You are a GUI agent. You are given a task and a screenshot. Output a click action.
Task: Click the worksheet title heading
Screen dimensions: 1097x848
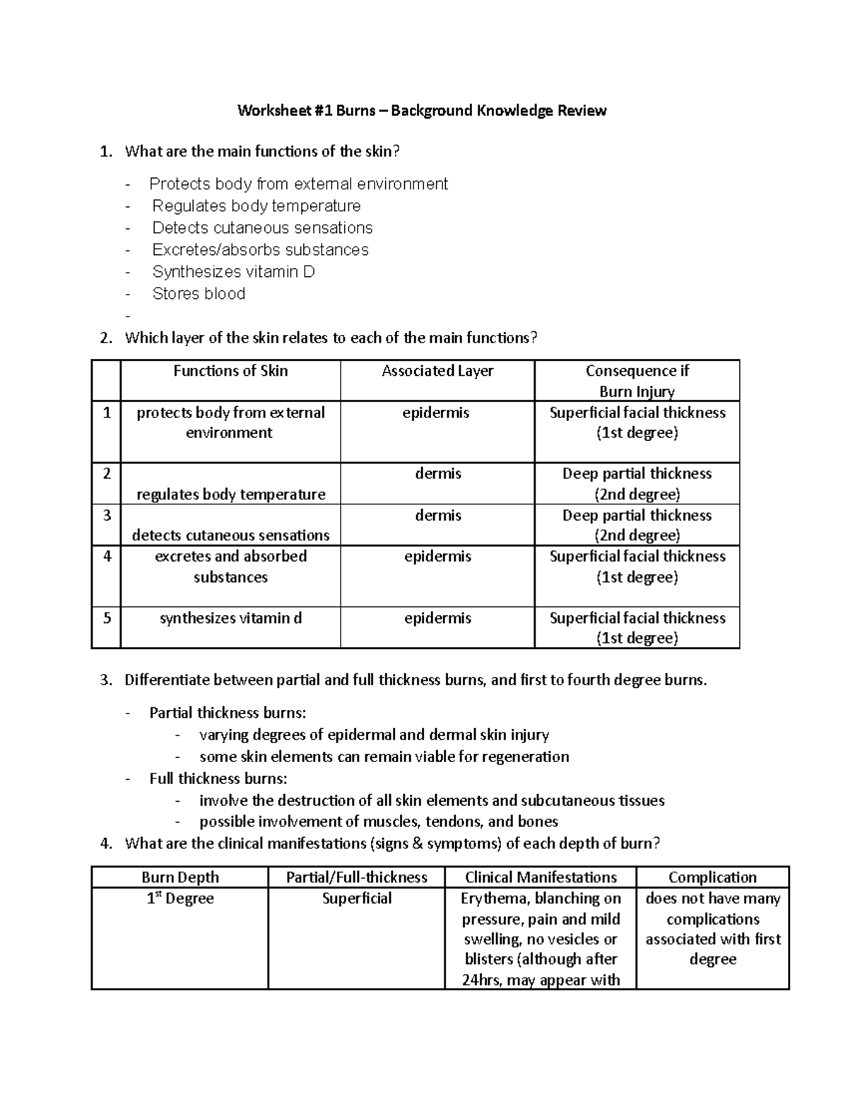(x=422, y=110)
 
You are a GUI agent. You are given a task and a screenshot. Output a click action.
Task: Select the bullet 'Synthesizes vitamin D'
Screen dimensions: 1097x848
(x=233, y=272)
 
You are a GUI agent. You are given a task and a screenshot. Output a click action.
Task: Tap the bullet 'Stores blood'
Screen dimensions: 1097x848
(x=199, y=294)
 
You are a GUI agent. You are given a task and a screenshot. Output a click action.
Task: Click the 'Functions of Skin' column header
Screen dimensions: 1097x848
(x=230, y=371)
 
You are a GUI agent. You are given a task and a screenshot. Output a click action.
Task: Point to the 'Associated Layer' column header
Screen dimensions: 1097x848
(x=437, y=371)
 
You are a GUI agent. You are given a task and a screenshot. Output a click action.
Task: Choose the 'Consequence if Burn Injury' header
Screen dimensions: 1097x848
(x=637, y=381)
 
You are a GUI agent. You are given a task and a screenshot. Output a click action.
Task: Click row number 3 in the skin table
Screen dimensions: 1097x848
(x=107, y=516)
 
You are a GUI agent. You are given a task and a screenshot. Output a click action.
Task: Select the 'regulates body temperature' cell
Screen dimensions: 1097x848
(x=230, y=494)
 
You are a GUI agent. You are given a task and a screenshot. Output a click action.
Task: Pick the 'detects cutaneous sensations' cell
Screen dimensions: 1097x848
(x=230, y=535)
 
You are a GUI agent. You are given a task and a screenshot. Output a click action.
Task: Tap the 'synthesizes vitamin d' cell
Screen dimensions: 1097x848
(x=230, y=618)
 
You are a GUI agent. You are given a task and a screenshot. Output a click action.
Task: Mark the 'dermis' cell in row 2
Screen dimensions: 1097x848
(x=438, y=474)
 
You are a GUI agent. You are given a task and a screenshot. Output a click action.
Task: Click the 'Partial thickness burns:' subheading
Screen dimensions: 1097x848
(x=228, y=713)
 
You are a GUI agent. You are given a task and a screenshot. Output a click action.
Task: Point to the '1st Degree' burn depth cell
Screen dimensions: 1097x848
(x=180, y=899)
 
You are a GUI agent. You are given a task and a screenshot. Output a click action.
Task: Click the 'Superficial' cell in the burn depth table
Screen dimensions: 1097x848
(x=357, y=899)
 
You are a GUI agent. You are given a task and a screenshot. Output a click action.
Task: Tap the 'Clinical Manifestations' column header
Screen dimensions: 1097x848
(x=541, y=877)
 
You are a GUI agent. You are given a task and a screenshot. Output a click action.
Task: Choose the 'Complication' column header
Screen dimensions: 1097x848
(x=712, y=877)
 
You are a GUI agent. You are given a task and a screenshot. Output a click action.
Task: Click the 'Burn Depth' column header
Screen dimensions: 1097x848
(x=180, y=877)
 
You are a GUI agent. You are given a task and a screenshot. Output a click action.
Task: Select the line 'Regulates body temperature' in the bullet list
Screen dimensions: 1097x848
(x=257, y=206)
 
